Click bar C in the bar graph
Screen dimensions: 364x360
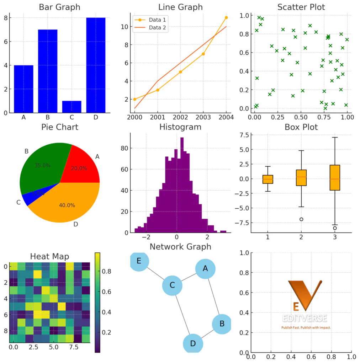coord(72,107)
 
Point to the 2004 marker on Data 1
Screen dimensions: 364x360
coord(226,17)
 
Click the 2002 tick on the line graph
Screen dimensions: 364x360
coord(180,117)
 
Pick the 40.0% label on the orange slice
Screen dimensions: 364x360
coord(67,205)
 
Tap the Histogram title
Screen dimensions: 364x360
coord(180,127)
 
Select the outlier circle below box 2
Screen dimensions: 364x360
coord(301,219)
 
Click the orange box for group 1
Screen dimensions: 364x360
coord(268,179)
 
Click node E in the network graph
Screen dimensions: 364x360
coord(139,261)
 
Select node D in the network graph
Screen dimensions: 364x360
coord(193,343)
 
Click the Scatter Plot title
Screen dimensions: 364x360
coord(301,7)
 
